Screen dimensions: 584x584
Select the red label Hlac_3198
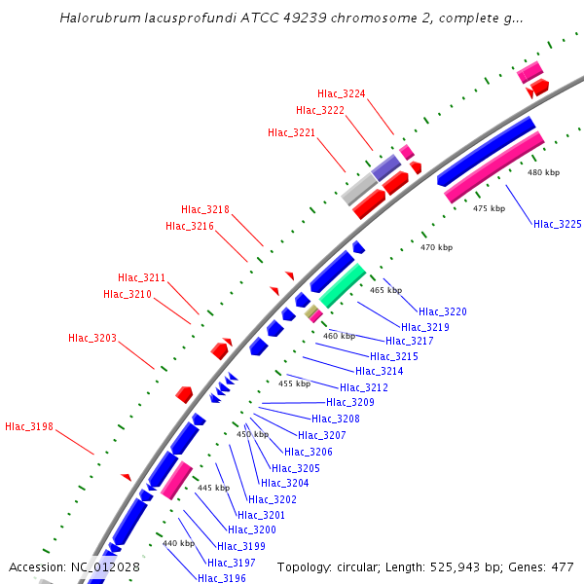(29, 426)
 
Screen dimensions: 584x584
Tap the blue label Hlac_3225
(557, 224)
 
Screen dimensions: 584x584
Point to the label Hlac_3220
(443, 311)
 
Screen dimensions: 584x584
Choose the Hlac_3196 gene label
(222, 578)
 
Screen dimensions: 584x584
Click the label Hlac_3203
(92, 338)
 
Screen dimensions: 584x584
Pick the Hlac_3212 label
(364, 387)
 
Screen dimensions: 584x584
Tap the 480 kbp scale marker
(543, 172)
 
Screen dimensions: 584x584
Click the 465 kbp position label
(386, 290)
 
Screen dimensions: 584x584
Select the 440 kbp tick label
(178, 543)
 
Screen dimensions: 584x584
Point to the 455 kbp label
(294, 383)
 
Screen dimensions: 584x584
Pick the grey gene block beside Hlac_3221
(358, 189)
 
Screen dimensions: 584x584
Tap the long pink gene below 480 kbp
(493, 166)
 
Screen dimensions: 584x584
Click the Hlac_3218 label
(205, 209)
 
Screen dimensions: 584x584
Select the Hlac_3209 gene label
(350, 402)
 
